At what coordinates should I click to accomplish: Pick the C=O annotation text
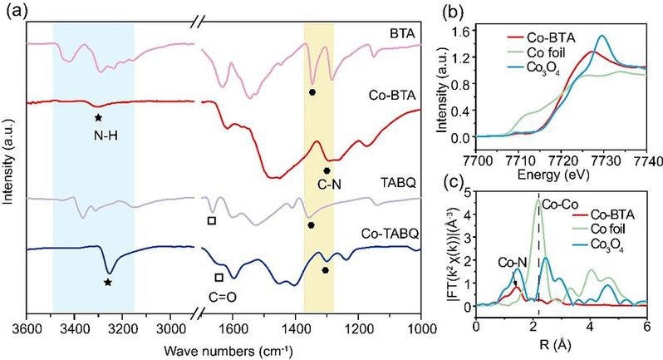click(219, 292)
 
